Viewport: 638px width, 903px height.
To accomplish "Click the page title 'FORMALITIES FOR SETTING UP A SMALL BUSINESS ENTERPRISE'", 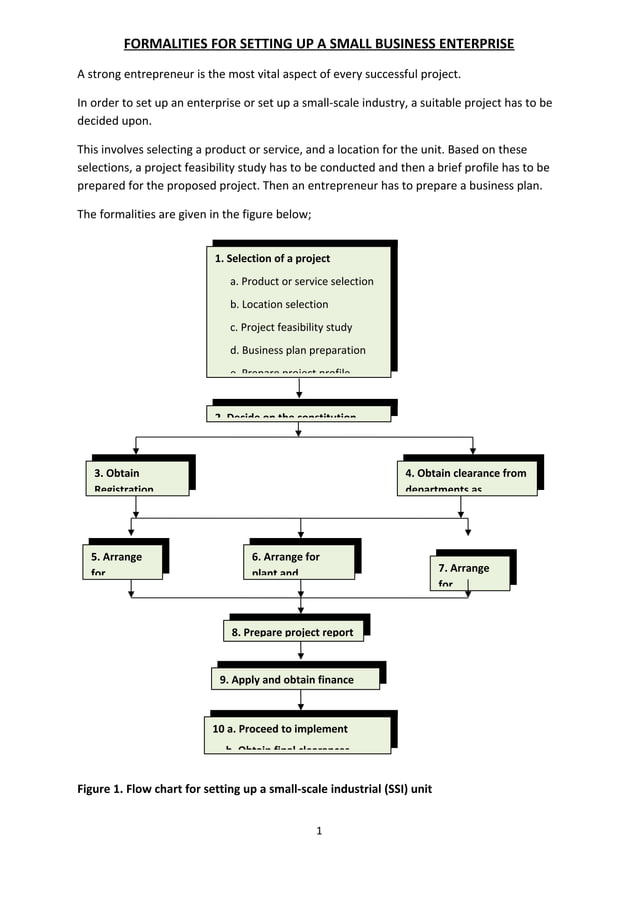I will [318, 44].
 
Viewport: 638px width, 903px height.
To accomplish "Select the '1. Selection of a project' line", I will [271, 259].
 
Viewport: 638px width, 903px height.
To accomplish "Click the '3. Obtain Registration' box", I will [135, 478].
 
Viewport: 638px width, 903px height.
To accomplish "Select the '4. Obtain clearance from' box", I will [466, 478].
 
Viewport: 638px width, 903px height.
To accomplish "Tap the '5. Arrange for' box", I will [122, 562].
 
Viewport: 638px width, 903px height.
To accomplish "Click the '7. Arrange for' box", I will [471, 572].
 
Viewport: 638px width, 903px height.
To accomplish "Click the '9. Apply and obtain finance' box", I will [285, 679].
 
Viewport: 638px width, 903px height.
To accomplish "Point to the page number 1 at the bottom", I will [318, 830].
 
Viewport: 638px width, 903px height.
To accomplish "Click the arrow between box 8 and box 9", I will [300, 652].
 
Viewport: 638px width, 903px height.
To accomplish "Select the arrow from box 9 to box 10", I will [300, 700].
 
